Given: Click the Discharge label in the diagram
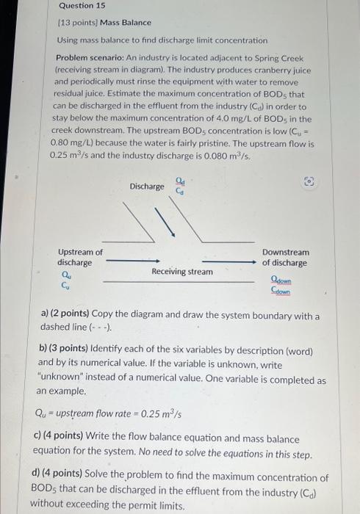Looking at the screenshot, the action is [147, 187].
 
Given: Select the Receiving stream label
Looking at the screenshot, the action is [181, 272].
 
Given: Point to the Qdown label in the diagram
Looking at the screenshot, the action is [281, 279].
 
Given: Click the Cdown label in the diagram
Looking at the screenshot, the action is [281, 291].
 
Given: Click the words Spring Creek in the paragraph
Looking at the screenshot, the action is [287, 57].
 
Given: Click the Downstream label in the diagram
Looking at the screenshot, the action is [286, 252].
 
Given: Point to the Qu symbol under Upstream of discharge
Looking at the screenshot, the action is [65, 274].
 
